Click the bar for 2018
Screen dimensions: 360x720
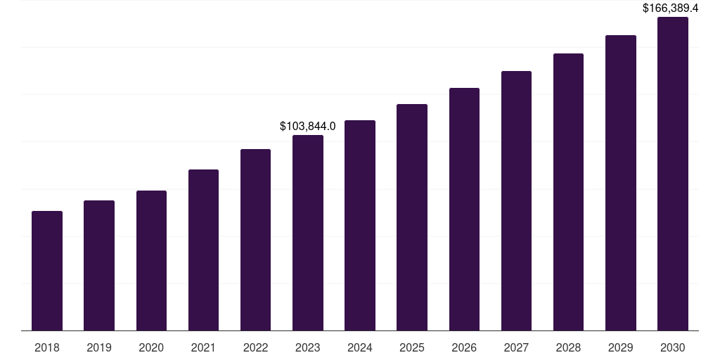pyautogui.click(x=47, y=271)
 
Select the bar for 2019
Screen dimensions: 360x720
pyautogui.click(x=99, y=266)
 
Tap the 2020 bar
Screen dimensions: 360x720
pyautogui.click(x=151, y=261)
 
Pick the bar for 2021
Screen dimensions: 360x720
pyautogui.click(x=203, y=250)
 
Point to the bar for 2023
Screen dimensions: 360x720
pyautogui.click(x=308, y=233)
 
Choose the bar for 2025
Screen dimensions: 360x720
pyautogui.click(x=412, y=217)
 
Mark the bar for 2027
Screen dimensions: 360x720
pyautogui.click(x=516, y=201)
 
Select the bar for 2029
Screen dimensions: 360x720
pyautogui.click(x=621, y=183)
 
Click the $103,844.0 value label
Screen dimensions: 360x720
pyautogui.click(x=308, y=127)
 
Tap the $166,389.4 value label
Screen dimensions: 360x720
pyautogui.click(x=671, y=8)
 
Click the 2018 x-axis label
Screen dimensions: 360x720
pyautogui.click(x=47, y=347)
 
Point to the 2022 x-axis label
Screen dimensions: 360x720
pyautogui.click(x=255, y=347)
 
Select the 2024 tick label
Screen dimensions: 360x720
pyautogui.click(x=360, y=347)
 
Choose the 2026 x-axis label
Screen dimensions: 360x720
pyautogui.click(x=464, y=347)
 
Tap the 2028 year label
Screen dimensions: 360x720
pyautogui.click(x=568, y=347)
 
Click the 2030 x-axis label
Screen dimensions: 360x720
pyautogui.click(x=673, y=347)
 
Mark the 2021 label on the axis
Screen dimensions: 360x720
pyautogui.click(x=203, y=347)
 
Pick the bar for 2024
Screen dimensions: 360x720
pyautogui.click(x=360, y=226)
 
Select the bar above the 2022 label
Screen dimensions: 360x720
pyautogui.click(x=255, y=240)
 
